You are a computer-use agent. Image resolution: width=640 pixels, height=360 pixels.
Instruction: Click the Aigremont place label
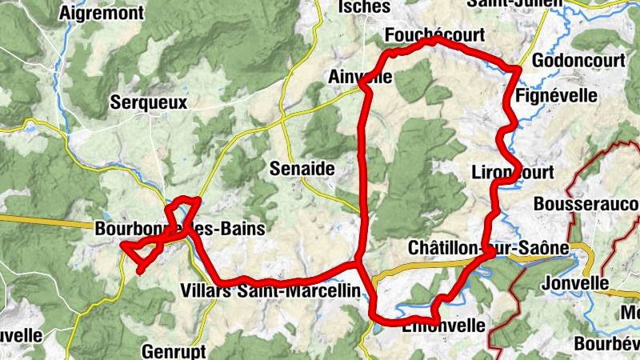pyautogui.click(x=102, y=13)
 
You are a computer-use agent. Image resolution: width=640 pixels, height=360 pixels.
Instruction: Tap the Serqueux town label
pyautogui.click(x=149, y=102)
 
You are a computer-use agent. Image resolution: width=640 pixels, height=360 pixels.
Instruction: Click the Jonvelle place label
pyautogui.click(x=574, y=283)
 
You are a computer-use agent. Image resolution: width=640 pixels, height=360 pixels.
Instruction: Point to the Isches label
pyautogui.click(x=364, y=7)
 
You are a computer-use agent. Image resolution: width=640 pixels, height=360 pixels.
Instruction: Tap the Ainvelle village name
pyautogui.click(x=360, y=77)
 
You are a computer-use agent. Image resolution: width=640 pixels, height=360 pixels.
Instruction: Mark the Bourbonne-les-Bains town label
pyautogui.click(x=179, y=229)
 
